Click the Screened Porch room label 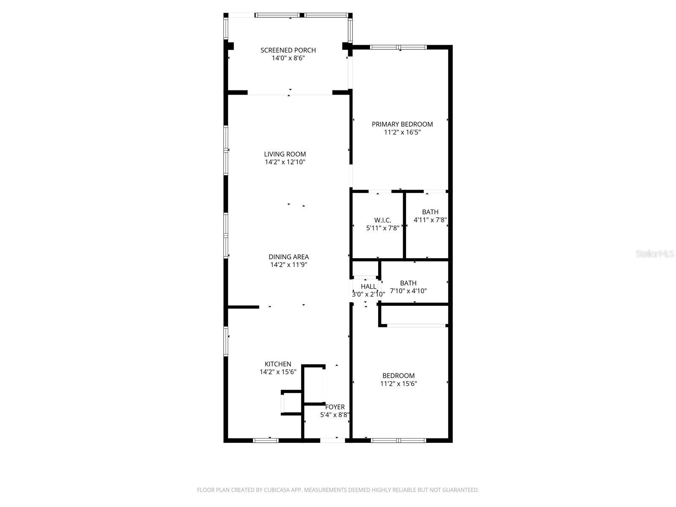[x=288, y=50]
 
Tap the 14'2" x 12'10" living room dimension [x=285, y=162]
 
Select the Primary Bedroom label [x=402, y=124]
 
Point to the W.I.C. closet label [x=382, y=220]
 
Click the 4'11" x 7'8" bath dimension [x=430, y=220]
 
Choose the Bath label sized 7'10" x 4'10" [x=408, y=283]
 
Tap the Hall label [x=368, y=286]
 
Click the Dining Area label [x=289, y=257]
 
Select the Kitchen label [x=278, y=364]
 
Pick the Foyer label [x=335, y=407]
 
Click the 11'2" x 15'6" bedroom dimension [x=398, y=384]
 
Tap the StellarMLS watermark [x=655, y=254]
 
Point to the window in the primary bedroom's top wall [x=398, y=47]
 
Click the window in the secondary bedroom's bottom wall [x=398, y=440]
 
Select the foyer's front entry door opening [x=333, y=440]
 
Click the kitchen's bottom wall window [x=265, y=440]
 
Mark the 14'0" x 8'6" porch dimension [x=288, y=58]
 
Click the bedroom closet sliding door [x=417, y=325]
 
